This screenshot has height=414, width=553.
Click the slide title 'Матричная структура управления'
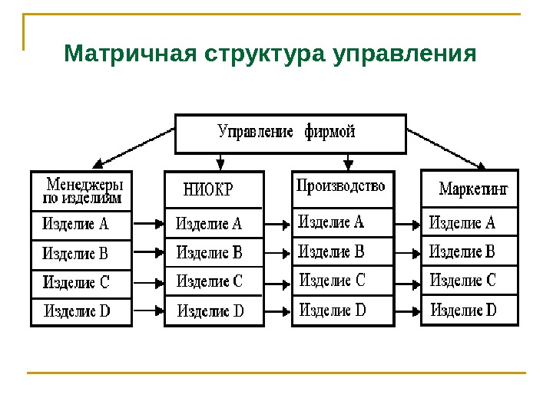pyautogui.click(x=270, y=54)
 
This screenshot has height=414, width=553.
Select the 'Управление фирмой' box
pyautogui.click(x=290, y=133)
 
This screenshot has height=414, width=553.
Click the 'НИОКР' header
pyautogui.click(x=208, y=189)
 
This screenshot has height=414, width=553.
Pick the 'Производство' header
pyautogui.click(x=341, y=186)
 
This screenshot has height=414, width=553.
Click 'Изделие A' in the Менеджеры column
pyautogui.click(x=76, y=225)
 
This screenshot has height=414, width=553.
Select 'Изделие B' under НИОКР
pyautogui.click(x=210, y=252)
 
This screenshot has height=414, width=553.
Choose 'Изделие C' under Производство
pyautogui.click(x=333, y=281)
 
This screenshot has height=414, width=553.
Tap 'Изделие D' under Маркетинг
pyautogui.click(x=464, y=310)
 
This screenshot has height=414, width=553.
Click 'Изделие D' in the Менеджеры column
pyautogui.click(x=78, y=311)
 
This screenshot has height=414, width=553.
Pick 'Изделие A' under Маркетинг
pyautogui.click(x=462, y=224)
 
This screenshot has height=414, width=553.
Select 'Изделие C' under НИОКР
pyautogui.click(x=210, y=281)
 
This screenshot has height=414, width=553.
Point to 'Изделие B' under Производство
pyautogui.click(x=331, y=251)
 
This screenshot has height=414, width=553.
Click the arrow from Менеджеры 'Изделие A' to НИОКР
pyautogui.click(x=149, y=225)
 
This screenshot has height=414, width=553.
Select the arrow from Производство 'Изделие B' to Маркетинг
pyautogui.click(x=408, y=252)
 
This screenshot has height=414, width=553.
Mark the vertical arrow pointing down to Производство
pyautogui.click(x=349, y=161)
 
